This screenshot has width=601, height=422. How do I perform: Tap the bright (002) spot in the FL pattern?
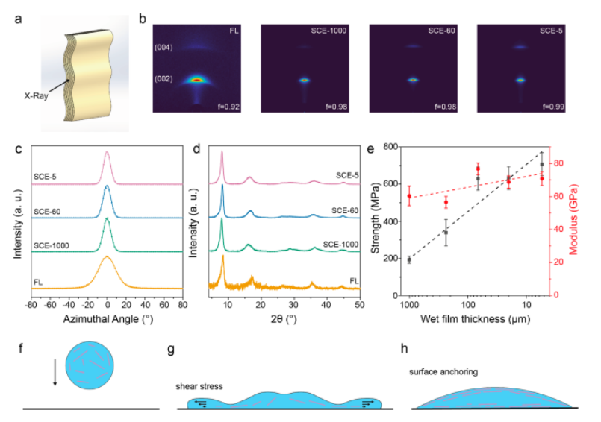coord(196,78)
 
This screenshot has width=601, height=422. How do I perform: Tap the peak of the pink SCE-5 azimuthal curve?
coord(107,153)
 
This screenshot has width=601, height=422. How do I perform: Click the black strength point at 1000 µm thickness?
coord(409,259)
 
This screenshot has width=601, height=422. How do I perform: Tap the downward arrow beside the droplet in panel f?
coord(55,372)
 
